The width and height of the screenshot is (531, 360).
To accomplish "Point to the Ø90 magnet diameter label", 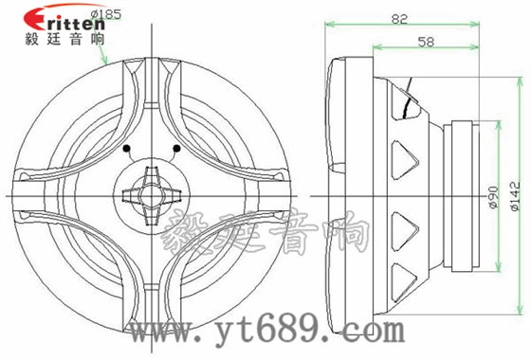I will [x=492, y=193].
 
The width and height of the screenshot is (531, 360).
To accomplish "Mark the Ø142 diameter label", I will [x=513, y=193].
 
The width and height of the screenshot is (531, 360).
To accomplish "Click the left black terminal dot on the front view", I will [x=127, y=150].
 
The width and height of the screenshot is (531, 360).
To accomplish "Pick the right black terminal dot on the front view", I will [x=178, y=149].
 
